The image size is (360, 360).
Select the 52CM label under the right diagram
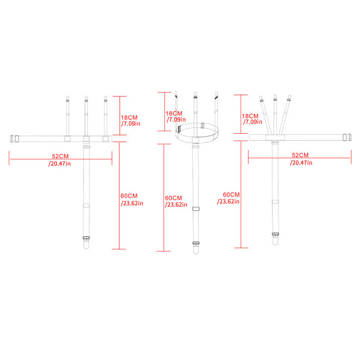[298, 155]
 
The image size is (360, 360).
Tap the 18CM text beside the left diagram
[129, 117]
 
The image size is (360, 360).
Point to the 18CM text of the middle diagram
[174, 113]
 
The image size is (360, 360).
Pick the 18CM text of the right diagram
[251, 116]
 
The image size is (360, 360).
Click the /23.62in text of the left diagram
[132, 203]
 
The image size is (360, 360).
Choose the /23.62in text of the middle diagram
[176, 204]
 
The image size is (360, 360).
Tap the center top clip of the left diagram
[86, 99]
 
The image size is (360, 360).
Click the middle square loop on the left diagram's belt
[86, 138]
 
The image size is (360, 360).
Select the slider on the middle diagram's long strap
[195, 208]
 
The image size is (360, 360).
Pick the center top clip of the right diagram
[274, 98]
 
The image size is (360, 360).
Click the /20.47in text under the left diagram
[59, 163]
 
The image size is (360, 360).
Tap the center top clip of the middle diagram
[195, 95]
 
